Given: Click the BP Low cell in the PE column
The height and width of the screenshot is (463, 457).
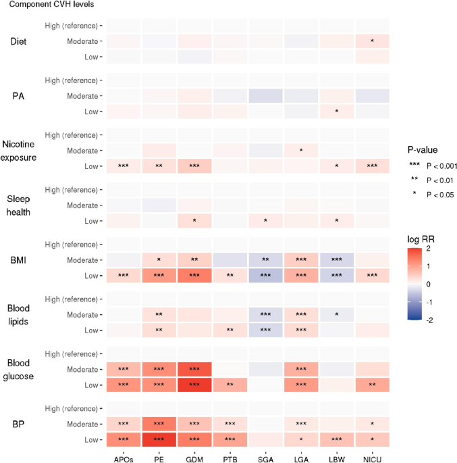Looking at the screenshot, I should coord(159,439).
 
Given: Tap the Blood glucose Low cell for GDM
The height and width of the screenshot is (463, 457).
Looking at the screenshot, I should coord(194,384).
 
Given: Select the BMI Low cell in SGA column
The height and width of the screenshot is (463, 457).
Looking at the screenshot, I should coord(265,276).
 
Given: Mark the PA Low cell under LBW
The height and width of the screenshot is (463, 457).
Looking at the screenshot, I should coord(336,111).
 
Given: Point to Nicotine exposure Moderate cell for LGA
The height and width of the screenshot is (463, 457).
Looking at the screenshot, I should coord(300,150).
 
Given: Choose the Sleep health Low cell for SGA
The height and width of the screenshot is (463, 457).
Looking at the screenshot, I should coord(265,220).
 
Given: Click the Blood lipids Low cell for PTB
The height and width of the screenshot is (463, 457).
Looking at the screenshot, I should coord(230,330).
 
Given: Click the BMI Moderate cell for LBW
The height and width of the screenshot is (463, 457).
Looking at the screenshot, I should coord(336,260).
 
